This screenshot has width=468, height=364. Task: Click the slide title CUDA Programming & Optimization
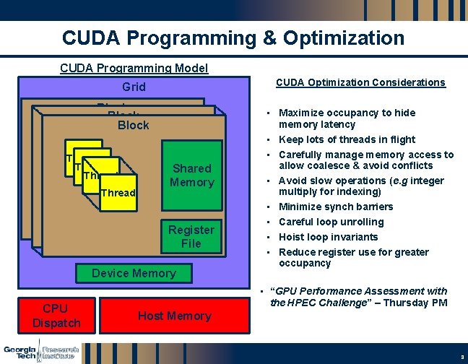tap(233, 38)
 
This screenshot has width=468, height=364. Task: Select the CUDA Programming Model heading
tap(134, 69)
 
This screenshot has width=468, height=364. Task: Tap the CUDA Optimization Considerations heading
tap(360, 82)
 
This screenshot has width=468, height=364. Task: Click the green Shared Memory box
tap(191, 175)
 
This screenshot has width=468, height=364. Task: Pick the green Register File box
tap(191, 236)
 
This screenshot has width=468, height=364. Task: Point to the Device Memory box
tap(134, 273)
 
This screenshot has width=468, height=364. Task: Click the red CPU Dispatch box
tap(56, 316)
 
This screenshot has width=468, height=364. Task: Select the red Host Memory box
tap(174, 316)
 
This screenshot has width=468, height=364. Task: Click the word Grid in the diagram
tap(134, 87)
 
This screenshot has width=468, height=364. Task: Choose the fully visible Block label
tap(133, 125)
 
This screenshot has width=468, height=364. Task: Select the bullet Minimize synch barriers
tap(336, 207)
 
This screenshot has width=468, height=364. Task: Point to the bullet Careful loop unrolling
tap(331, 222)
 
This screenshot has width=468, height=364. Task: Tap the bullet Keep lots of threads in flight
tap(347, 139)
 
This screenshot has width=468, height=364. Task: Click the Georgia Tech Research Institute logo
tap(41, 348)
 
